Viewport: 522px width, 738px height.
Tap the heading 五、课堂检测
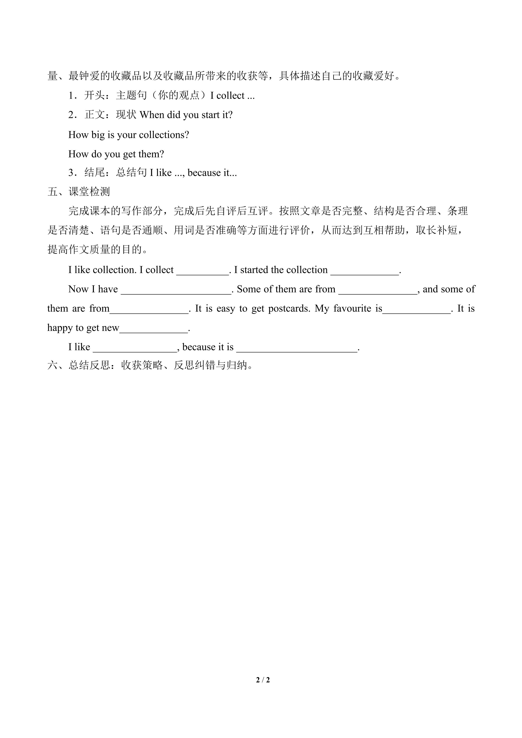(x=79, y=192)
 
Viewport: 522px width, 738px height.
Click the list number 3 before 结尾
(x=71, y=173)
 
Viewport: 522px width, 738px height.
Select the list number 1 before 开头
(x=71, y=96)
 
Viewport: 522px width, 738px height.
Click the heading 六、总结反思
(x=79, y=365)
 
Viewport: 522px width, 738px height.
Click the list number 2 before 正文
(x=71, y=115)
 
